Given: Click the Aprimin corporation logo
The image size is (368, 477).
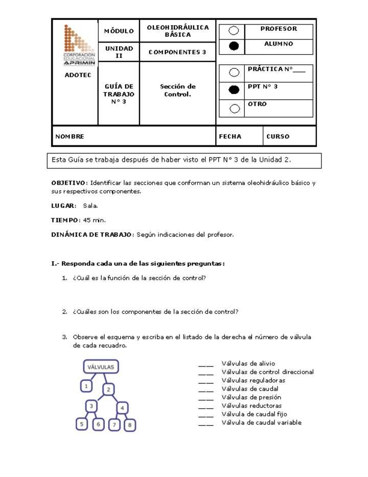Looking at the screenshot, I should pos(79,45).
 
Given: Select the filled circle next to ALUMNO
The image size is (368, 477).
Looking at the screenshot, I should pos(234,47).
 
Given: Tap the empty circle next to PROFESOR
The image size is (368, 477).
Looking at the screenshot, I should pos(234,31).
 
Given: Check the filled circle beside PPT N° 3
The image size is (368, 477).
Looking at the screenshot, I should pos(234,90).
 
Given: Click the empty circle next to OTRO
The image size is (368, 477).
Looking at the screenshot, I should pos(235,108).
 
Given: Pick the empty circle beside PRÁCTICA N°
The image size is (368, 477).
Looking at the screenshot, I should pos(234,72).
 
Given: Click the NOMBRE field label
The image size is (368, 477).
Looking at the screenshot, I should pos(70,137).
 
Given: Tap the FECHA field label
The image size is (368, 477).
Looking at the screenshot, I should pos(230,137).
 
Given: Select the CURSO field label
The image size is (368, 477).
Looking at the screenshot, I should pos(278,137).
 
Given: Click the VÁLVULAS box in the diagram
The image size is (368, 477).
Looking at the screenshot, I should pos(101,367).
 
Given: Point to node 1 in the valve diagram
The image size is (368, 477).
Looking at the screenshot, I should pos(87,386).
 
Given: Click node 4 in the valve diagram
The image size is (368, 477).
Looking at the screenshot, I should pos(123,408).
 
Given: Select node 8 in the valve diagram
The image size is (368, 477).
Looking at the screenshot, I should pos(130,425).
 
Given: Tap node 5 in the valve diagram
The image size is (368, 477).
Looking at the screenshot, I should pos(82,424).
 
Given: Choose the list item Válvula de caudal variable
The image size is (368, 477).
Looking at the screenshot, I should pos(261,423).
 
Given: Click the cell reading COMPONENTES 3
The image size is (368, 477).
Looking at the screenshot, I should pos(177,52).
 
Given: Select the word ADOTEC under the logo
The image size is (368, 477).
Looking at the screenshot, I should pos(78,75).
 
